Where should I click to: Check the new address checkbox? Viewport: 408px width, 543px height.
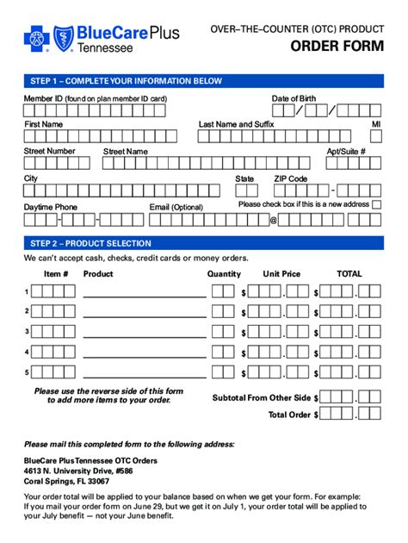pos(377,204)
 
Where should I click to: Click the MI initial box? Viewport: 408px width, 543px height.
pos(376,139)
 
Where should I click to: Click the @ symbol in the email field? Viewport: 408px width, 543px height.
pos(274,220)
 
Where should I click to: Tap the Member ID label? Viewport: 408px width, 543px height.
pos(95,98)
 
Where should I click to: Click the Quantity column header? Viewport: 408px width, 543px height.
pos(224,274)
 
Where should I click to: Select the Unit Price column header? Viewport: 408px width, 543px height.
pos(281,274)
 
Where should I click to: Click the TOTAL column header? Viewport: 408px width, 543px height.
pos(349,274)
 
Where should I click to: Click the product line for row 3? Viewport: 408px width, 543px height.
pos(144,332)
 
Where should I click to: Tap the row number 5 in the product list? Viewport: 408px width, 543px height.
pos(27,372)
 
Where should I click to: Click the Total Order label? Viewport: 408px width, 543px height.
pos(289,415)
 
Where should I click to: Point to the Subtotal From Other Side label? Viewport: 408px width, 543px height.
pos(262,398)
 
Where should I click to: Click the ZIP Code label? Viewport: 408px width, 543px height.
pos(290,178)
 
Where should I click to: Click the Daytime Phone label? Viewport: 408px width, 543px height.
pos(50,207)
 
